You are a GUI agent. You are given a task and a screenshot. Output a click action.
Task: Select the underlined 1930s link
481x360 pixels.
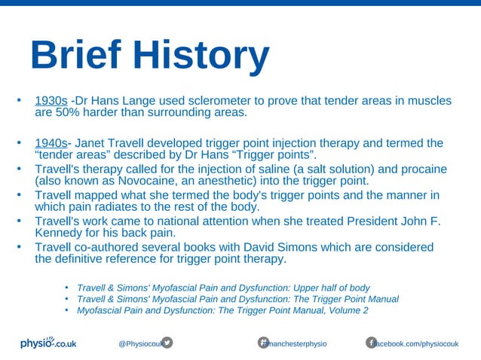click(x=51, y=101)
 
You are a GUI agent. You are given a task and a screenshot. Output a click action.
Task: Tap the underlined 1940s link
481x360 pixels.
click(x=51, y=143)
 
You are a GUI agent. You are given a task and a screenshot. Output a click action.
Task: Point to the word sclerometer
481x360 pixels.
click(x=219, y=101)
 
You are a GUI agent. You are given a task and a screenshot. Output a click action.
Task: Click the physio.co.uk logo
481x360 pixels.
click(x=48, y=343)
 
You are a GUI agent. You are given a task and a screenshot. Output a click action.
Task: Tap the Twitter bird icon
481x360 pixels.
click(x=167, y=343)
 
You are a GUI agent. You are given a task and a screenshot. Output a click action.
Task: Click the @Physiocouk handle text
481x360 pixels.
click(x=139, y=343)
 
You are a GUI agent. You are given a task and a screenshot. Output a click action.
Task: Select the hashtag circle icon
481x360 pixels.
click(x=264, y=343)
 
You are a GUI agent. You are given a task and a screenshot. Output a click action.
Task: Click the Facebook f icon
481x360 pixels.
click(x=371, y=343)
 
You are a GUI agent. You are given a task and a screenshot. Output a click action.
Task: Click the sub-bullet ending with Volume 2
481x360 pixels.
click(x=222, y=310)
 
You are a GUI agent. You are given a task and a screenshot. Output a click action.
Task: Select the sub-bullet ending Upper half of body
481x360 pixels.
click(x=223, y=288)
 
